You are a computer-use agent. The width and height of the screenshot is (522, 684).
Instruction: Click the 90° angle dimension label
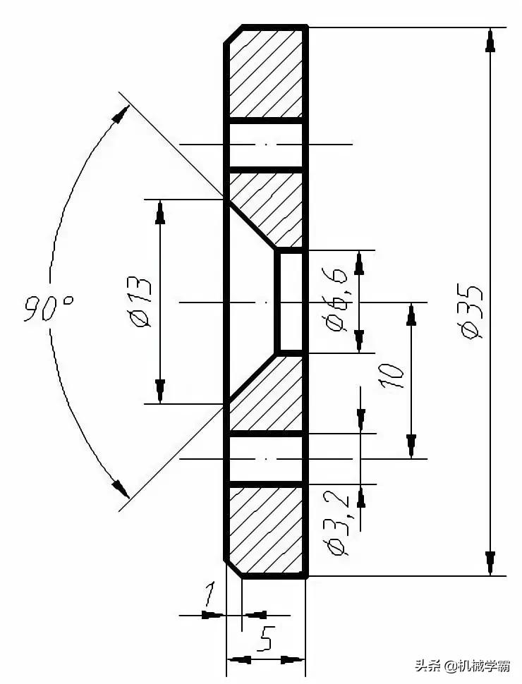[48, 308]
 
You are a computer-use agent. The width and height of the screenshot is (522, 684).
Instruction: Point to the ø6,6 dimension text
[337, 301]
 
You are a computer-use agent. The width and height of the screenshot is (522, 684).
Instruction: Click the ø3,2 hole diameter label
[339, 525]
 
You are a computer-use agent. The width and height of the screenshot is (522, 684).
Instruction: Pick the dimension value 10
[392, 377]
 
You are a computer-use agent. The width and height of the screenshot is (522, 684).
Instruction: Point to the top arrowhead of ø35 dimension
[490, 40]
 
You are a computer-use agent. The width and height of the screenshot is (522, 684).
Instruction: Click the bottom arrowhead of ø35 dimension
[490, 563]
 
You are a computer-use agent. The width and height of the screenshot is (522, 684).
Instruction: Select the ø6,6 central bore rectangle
[290, 301]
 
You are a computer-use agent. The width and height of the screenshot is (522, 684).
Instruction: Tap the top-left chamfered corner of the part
[233, 35]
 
